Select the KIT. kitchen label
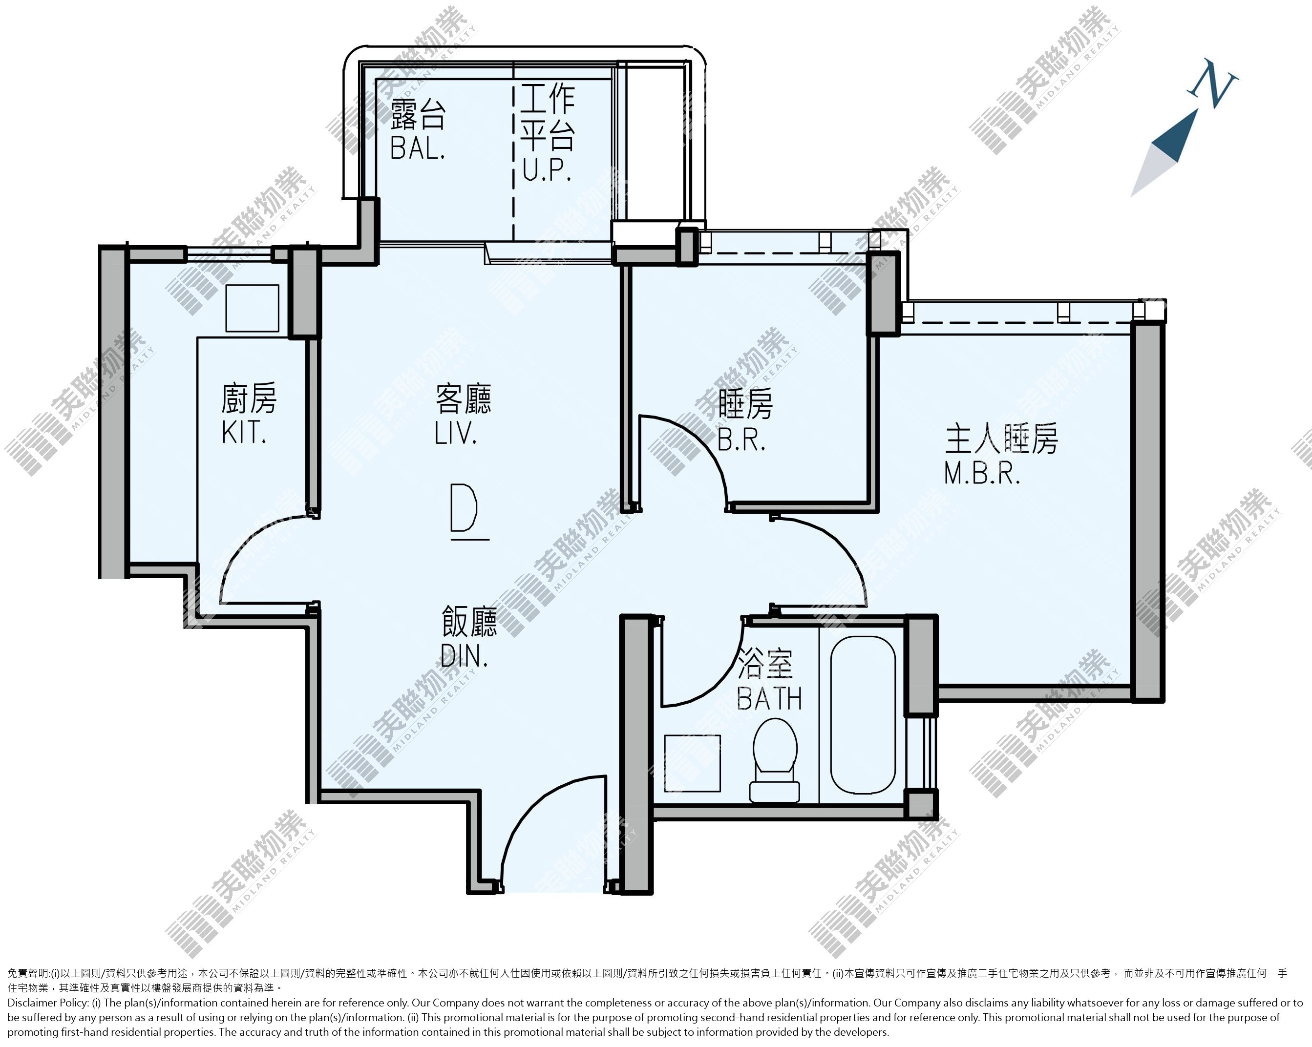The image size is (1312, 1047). pyautogui.click(x=243, y=433)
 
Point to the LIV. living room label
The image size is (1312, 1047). pyautogui.click(x=455, y=433)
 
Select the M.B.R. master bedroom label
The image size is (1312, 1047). pyautogui.click(x=982, y=473)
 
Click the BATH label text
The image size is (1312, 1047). pyautogui.click(x=769, y=698)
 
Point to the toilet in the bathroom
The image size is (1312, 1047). pyautogui.click(x=775, y=760)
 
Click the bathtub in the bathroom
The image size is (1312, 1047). pyautogui.click(x=863, y=715)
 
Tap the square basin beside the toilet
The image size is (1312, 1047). pyautogui.click(x=692, y=763)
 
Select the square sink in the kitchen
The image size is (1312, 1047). pyautogui.click(x=252, y=308)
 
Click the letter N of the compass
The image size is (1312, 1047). pyautogui.click(x=1213, y=84)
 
